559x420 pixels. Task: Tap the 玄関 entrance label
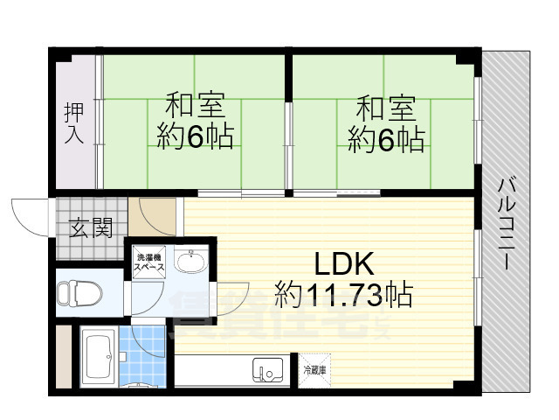tap(91, 229)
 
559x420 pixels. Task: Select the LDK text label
tap(344, 264)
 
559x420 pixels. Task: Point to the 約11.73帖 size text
tap(344, 294)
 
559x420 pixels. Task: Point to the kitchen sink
tap(264, 370)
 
